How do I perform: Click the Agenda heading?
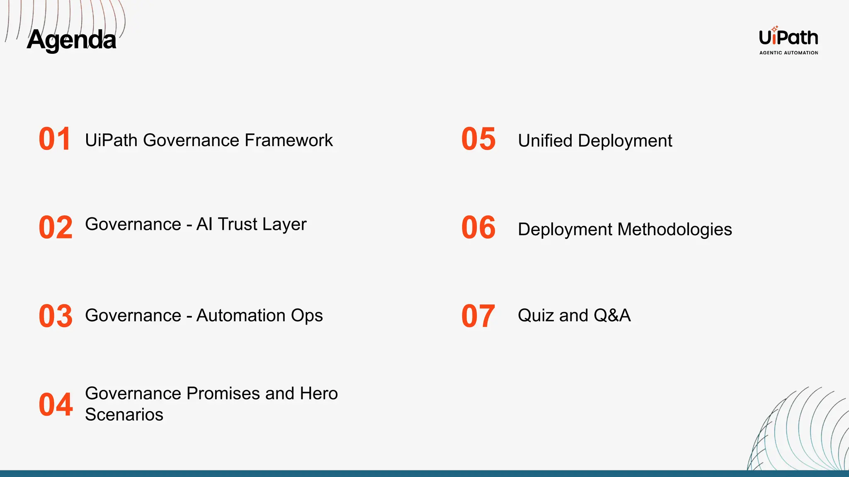[x=71, y=40]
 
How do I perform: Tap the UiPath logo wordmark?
[x=788, y=38]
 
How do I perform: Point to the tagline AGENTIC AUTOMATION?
[x=788, y=53]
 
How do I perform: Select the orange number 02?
[x=56, y=227]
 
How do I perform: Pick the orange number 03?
[x=56, y=316]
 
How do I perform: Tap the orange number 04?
[x=56, y=405]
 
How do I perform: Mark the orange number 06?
[x=478, y=227]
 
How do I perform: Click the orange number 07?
[x=478, y=316]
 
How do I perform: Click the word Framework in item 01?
[x=289, y=140]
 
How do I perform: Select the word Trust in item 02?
[x=238, y=224]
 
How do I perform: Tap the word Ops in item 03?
[x=307, y=316]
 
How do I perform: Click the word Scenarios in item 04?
[x=124, y=414]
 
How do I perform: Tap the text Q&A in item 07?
[x=612, y=316]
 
